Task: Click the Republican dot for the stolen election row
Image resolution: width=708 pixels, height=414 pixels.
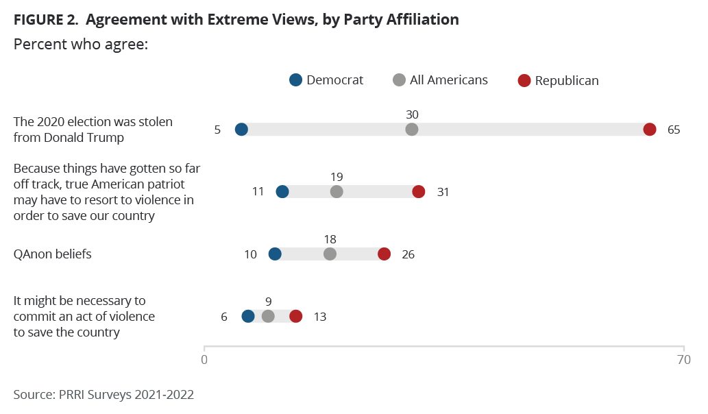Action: point(650,130)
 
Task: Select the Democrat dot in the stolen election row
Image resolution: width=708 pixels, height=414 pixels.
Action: point(241,130)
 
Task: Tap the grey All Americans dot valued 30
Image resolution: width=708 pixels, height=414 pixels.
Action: point(412,130)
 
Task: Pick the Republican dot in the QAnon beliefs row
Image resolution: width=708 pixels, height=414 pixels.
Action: point(384,254)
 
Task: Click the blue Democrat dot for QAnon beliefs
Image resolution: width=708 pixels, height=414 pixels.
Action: point(275,254)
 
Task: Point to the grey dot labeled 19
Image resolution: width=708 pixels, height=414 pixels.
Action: point(337,191)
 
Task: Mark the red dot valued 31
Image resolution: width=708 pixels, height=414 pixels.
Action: point(419,191)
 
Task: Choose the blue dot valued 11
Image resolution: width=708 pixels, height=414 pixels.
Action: point(282,191)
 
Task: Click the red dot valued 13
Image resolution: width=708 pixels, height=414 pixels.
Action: point(295,316)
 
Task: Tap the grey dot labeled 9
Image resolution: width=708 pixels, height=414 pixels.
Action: point(268,316)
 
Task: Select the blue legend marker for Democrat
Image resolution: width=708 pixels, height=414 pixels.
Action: point(295,80)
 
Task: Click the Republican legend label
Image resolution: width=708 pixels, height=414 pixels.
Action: point(567,81)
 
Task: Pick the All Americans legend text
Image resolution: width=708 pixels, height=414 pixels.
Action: point(449,80)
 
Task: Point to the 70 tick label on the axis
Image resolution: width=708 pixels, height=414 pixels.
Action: point(683,359)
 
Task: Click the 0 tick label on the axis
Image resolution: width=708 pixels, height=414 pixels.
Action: point(204,359)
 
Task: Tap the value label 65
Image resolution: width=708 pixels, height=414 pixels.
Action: point(673,130)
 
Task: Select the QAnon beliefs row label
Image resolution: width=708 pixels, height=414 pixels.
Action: point(53,254)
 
